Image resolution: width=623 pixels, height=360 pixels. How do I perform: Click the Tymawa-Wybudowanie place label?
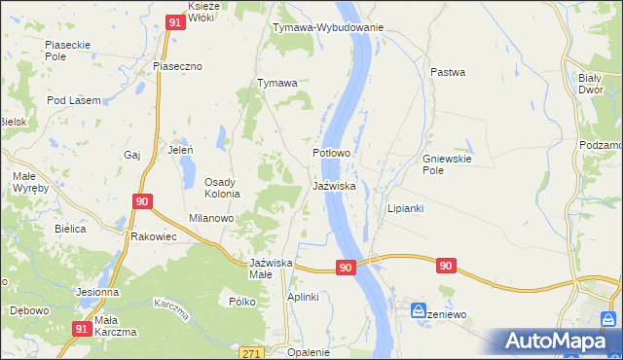328,27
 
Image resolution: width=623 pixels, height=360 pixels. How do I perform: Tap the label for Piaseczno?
176,66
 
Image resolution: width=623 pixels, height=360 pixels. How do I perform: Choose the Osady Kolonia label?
228,188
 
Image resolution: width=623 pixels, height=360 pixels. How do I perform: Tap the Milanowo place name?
211,219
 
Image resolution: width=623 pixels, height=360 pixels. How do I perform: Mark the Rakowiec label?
152,235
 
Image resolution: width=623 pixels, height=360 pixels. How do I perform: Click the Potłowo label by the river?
331,154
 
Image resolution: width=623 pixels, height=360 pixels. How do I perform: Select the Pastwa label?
448,72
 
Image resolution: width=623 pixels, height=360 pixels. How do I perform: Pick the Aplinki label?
303,297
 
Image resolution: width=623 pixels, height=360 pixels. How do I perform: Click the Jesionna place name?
98,292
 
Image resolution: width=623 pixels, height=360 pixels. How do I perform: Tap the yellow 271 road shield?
253,352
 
